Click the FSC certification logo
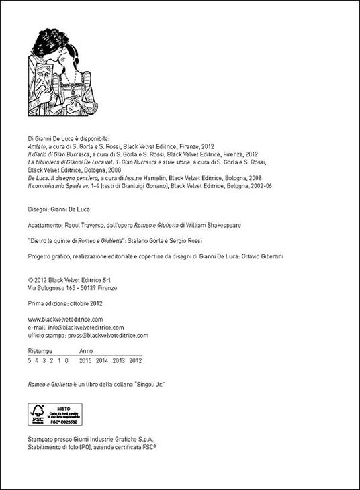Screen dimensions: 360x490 coord(54,414)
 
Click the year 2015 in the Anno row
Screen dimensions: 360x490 coord(85,360)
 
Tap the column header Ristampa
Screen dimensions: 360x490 coord(40,351)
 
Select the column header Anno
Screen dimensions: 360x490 coord(86,351)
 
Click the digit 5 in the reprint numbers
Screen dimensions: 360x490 coord(30,360)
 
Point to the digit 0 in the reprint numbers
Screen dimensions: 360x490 coord(68,360)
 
